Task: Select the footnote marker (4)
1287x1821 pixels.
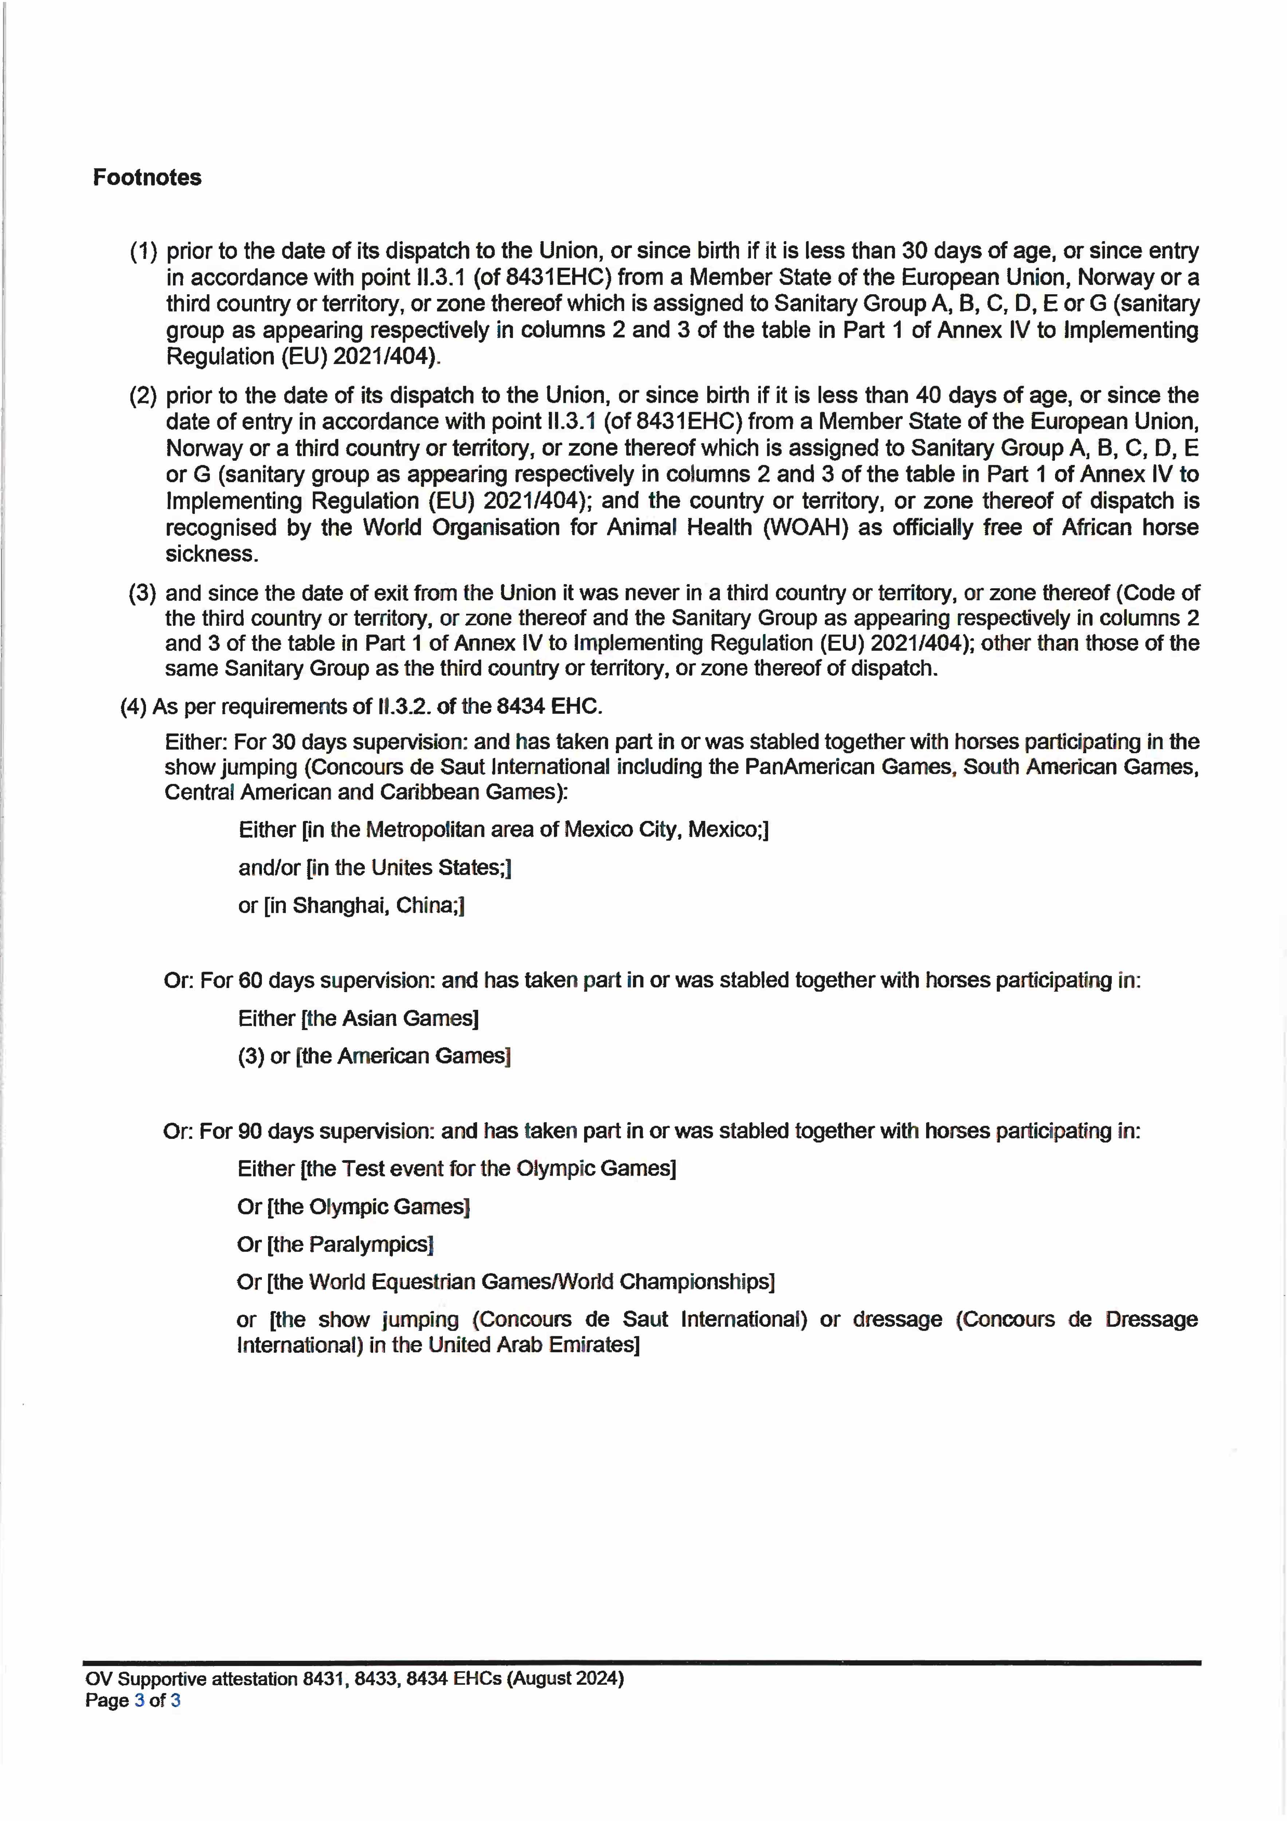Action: click(x=133, y=707)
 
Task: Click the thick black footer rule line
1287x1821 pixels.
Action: click(x=642, y=1662)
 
